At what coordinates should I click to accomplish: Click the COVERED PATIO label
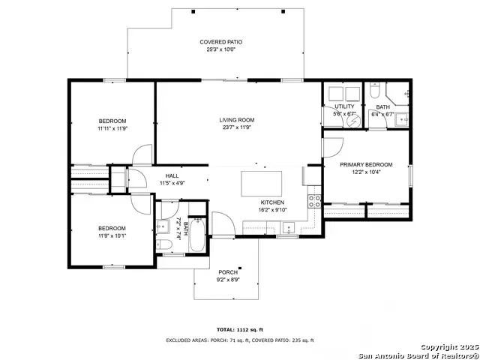pos(220,42)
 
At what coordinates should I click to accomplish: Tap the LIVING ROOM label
pos(236,120)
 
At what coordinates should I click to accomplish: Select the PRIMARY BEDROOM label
pos(366,164)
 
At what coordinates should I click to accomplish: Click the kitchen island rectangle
pos(261,183)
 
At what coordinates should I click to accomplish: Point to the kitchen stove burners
pos(315,200)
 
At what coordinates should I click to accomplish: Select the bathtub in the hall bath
pos(196,234)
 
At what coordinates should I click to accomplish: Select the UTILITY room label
pos(344,106)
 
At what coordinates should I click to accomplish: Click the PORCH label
pos(228,272)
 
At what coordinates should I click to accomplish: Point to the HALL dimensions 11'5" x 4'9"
pos(172,182)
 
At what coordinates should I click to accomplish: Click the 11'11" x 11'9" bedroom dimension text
pos(112,129)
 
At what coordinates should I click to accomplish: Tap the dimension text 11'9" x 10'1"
pos(112,235)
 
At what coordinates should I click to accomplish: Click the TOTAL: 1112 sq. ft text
pos(239,329)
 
